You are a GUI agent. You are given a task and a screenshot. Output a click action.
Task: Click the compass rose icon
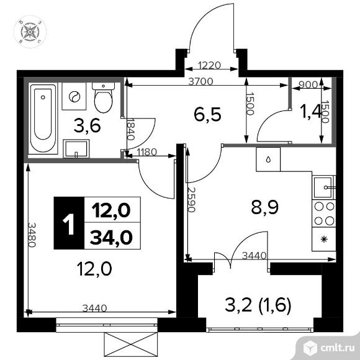pos(30,32)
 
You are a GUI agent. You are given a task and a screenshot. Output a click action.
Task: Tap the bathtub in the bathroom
pos(43,118)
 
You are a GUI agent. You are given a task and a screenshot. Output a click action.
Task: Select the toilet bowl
pos(103,97)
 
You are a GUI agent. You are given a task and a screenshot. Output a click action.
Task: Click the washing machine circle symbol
pos(74,97)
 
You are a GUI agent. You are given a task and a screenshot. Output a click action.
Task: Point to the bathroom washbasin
pos(76,148)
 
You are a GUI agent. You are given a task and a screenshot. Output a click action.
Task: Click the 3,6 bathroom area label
pos(88,127)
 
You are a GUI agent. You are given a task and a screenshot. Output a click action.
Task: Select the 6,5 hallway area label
pos(207,114)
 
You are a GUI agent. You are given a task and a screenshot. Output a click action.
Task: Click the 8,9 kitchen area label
pos(265,207)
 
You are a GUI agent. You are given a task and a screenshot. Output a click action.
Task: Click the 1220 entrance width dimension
pos(209,65)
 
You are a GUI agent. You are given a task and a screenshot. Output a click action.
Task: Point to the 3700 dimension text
pos(200,81)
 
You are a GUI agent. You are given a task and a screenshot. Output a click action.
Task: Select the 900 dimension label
pos(308,85)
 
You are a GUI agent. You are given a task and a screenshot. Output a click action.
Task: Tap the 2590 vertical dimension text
pos(191,199)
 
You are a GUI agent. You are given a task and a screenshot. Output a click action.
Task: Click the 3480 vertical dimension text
pos(32,235)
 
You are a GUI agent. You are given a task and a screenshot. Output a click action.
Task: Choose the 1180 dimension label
pos(146,152)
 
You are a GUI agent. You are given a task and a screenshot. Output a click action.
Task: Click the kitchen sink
pos(323,187)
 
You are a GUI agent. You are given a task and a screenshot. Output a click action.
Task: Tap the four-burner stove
pos(324,214)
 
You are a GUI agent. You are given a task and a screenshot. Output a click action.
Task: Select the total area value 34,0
pos(111,237)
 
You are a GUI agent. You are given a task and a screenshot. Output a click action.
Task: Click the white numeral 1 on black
pos(68,224)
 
